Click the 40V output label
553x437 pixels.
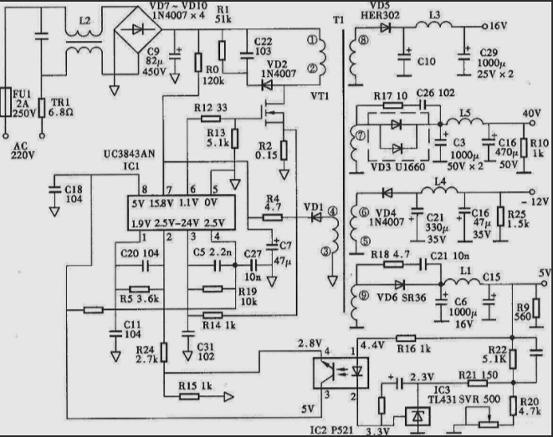tap(532, 114)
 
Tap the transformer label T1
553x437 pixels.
tap(337, 19)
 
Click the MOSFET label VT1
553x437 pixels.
tap(318, 96)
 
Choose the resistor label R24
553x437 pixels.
tap(146, 350)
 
